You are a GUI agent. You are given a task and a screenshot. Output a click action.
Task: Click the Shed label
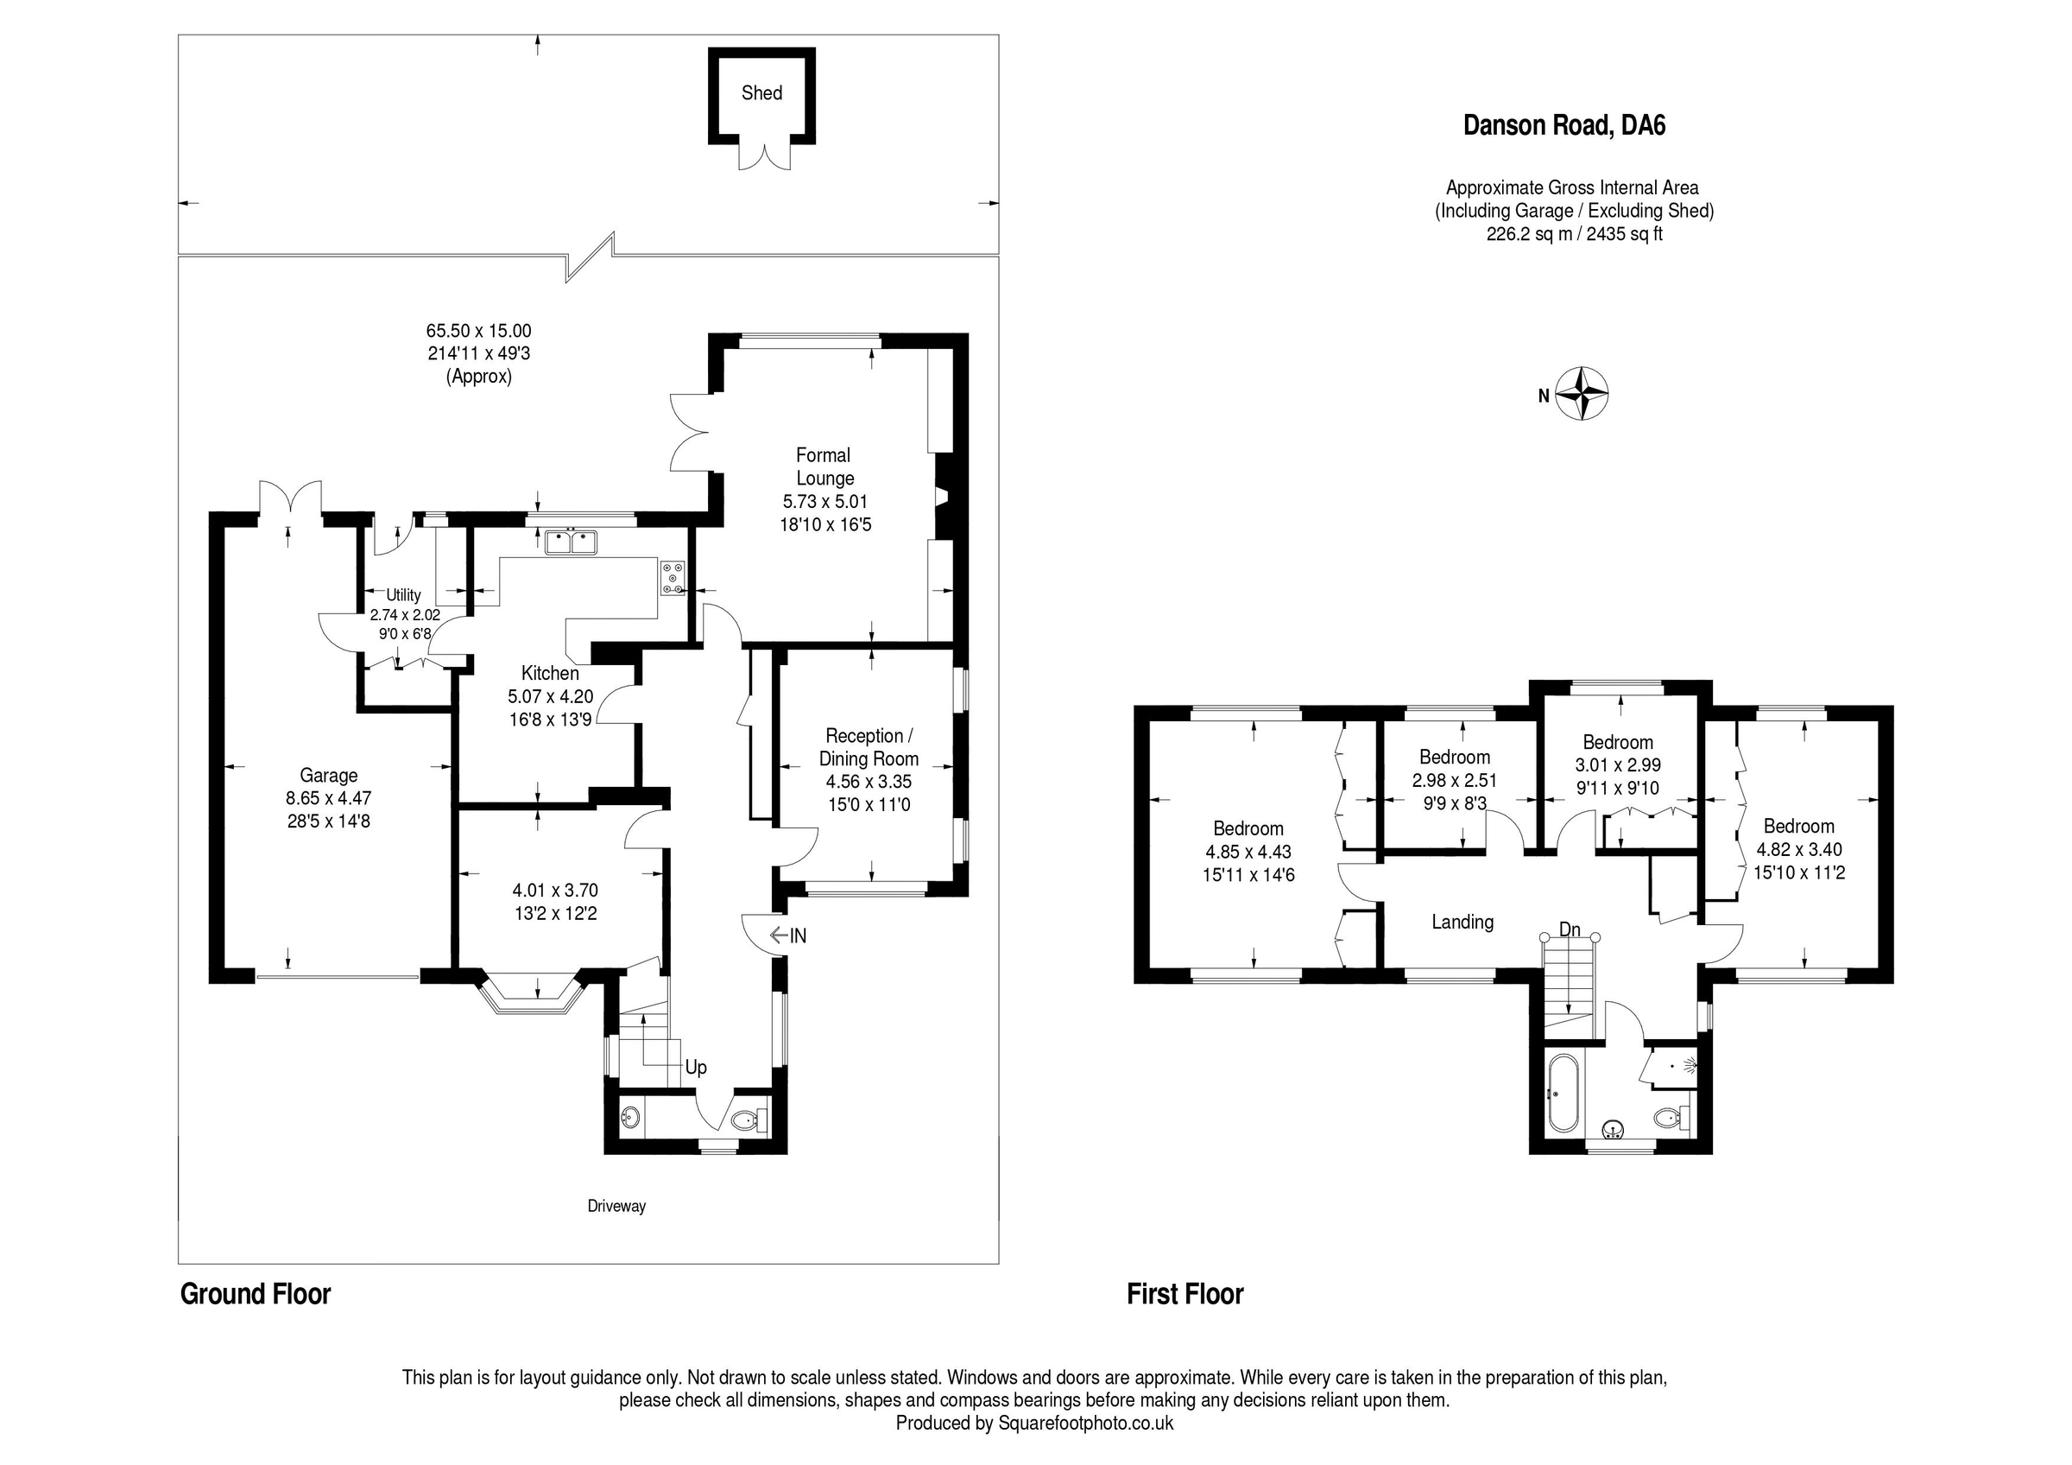pos(761,93)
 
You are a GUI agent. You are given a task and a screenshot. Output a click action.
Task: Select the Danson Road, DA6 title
pos(1563,125)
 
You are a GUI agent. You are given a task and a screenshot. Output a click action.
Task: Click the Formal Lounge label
pos(824,466)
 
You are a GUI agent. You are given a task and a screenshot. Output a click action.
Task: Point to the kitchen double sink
pos(572,542)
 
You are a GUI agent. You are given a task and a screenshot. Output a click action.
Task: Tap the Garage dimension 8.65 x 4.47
pos(328,798)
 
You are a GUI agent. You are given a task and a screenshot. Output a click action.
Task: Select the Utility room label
pos(403,595)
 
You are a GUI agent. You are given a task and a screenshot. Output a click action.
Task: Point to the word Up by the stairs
pos(696,1067)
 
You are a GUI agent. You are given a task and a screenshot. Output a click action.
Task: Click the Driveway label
pos(616,1206)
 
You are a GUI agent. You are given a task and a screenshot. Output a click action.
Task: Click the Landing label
pos(1462,922)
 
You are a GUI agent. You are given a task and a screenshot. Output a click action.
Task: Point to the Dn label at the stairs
pos(1570,929)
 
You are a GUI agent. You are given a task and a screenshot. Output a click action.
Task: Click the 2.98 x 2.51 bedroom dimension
pos(1454,780)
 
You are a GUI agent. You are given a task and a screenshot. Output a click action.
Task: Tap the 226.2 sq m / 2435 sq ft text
pos(1574,234)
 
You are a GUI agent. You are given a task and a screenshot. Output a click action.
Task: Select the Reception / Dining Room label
pos(869,747)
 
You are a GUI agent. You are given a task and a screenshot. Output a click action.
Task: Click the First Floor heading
pos(1184,1294)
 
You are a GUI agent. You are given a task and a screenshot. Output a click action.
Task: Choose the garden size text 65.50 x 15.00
pos(478,332)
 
